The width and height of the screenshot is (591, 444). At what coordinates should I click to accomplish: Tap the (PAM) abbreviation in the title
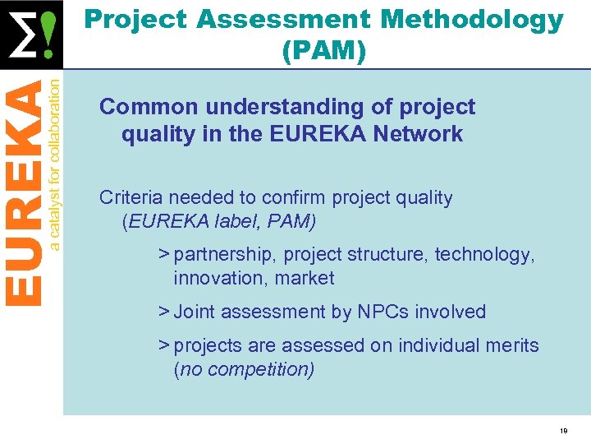(x=323, y=51)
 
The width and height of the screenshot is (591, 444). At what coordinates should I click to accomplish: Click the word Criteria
(x=130, y=197)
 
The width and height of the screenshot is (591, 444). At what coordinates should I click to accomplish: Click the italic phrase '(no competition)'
(x=244, y=369)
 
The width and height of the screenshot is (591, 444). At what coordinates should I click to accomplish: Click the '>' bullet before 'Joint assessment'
(x=164, y=312)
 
